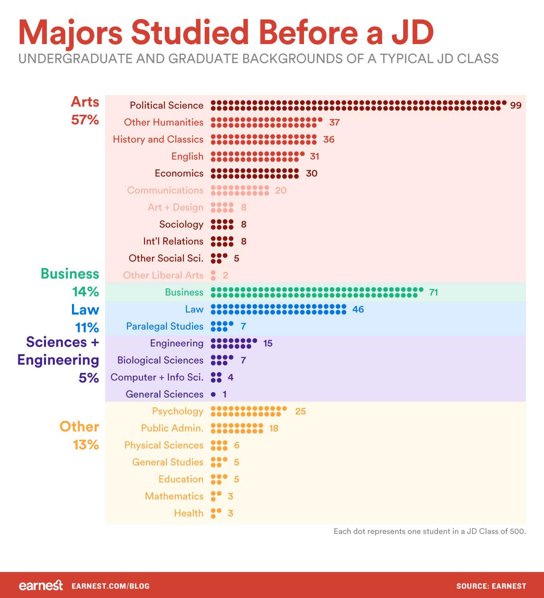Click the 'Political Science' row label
coord(166,105)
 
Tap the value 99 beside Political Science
coord(516,105)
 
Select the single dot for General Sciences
coord(213,395)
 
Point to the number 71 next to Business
coord(434,292)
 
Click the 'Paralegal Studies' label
coord(165,326)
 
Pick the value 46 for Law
coord(358,309)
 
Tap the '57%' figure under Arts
coord(85,120)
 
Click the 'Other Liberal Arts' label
coord(163,275)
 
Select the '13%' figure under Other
coord(86,445)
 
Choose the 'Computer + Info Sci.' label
coord(157,377)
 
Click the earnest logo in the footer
coord(41,586)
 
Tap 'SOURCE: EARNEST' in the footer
coord(491,586)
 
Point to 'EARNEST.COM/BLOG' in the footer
coord(110,586)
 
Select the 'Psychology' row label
coord(178,411)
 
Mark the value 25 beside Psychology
coord(300,411)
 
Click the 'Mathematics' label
coord(174,496)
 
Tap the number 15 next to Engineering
coord(268,343)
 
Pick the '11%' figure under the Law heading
coord(87,328)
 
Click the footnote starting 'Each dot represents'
coord(430,532)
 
